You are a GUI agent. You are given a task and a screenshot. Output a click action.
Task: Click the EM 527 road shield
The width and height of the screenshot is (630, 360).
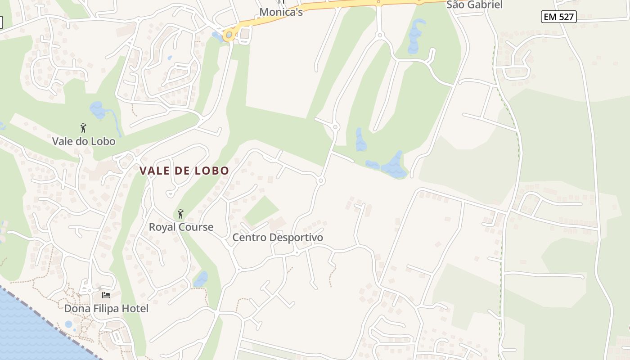pos(558,17)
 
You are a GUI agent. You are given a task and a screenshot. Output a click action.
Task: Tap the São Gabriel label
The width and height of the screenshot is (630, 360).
pos(474,5)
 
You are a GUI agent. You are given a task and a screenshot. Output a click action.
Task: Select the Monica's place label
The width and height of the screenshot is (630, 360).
pos(281,12)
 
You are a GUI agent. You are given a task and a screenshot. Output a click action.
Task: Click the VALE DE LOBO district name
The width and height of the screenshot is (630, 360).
pos(184,171)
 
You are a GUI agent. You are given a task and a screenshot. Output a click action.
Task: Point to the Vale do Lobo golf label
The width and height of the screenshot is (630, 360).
pos(84,141)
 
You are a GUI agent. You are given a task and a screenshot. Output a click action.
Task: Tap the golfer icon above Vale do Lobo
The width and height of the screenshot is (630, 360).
pos(83,128)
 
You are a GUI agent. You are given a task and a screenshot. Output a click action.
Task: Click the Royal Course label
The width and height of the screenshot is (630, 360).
pos(181,227)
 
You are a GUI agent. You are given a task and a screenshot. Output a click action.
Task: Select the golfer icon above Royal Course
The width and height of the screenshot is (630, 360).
pos(180,213)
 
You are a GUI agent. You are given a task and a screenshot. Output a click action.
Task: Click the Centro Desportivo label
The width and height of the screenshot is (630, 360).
pos(278,237)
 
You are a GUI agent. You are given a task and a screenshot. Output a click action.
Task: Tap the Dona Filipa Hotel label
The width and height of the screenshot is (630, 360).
pos(106,309)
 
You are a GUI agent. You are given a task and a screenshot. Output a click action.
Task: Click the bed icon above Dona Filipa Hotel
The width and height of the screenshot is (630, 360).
pos(106,295)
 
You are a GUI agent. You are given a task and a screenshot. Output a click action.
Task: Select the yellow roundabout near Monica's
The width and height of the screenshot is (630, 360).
pos(229,35)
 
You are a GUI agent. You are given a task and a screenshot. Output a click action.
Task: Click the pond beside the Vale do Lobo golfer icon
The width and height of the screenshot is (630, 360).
pos(97,109)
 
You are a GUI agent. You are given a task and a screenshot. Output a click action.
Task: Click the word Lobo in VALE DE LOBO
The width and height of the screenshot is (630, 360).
pos(212,171)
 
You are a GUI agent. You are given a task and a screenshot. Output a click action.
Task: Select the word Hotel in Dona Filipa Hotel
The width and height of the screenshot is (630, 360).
pos(135,309)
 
